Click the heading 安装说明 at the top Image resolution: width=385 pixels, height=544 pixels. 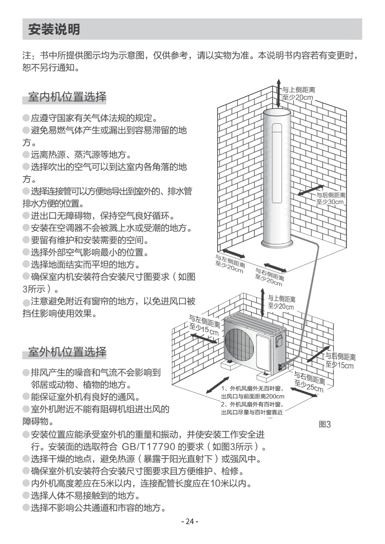pos(54,29)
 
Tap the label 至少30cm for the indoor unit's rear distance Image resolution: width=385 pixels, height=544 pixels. pos(330,202)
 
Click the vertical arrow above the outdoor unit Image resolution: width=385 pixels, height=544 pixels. pos(263,301)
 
